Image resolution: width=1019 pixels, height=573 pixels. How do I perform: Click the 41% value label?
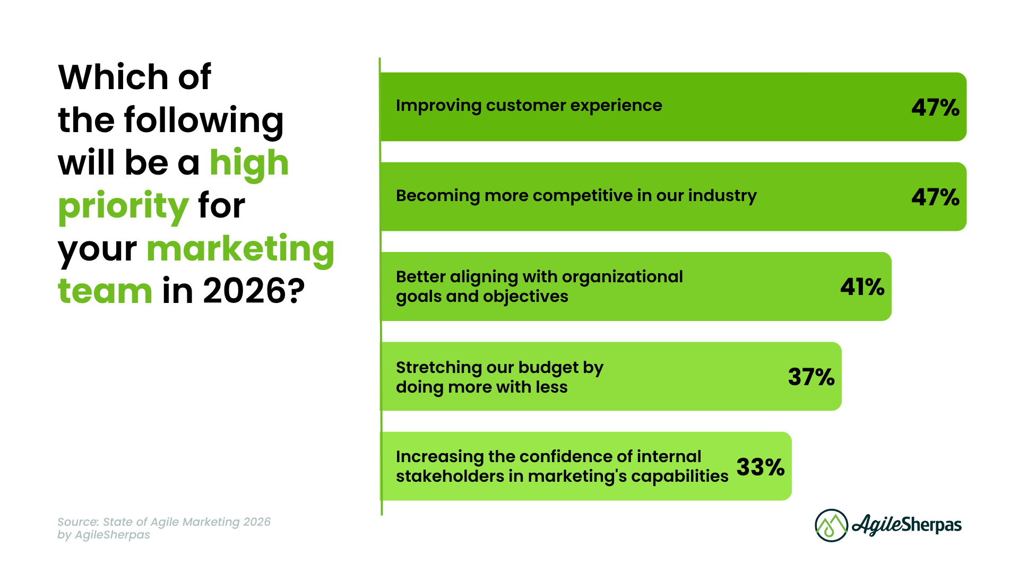tap(862, 287)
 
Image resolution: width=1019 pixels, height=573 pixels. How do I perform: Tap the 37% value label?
tap(811, 377)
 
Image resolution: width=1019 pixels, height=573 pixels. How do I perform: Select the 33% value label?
tap(761, 467)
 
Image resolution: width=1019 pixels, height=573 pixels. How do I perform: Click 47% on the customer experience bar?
tap(936, 108)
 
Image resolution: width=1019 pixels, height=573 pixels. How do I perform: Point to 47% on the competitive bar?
tap(936, 197)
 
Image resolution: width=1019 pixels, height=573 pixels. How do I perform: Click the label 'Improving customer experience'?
tap(529, 106)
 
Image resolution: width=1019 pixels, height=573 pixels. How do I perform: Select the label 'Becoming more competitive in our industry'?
tap(576, 196)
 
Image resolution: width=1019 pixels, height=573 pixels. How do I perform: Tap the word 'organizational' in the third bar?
tap(622, 277)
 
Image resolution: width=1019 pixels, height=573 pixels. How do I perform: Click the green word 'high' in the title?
tap(249, 163)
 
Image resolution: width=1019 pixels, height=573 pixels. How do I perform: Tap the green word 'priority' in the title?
tap(124, 207)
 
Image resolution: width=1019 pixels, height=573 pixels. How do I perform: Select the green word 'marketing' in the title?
tap(240, 249)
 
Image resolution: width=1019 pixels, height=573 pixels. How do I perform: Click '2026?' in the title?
tap(254, 291)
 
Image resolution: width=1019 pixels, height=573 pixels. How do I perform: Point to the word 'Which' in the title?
tap(114, 77)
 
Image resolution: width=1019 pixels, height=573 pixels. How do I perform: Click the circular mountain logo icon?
tap(832, 525)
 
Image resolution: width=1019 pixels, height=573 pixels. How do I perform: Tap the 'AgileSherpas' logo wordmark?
tap(907, 525)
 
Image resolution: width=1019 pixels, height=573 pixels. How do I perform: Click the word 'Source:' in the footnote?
tap(78, 522)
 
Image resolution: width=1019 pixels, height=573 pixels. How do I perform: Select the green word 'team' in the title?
tap(105, 291)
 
